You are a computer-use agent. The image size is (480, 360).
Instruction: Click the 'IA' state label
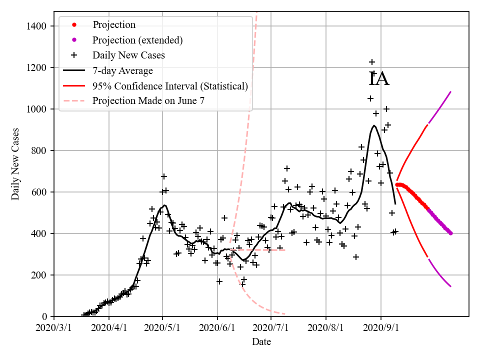[x=379, y=79]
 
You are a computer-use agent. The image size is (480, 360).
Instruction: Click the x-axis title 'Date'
[x=261, y=342]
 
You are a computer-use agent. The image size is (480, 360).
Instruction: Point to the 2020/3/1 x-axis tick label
[x=54, y=328]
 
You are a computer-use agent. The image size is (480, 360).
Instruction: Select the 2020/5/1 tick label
[x=162, y=328]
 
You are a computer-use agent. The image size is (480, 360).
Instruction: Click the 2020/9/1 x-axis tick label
[x=381, y=328]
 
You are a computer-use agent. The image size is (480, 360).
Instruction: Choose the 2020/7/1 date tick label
[x=271, y=328]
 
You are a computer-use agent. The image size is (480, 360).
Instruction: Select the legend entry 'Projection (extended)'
[x=137, y=40]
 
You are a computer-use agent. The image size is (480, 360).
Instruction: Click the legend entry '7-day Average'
[x=122, y=70]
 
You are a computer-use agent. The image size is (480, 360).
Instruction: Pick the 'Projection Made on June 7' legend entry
[x=148, y=101]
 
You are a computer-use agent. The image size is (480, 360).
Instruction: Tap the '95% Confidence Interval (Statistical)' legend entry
[x=170, y=86]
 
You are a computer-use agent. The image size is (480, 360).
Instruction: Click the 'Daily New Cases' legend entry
[x=128, y=55]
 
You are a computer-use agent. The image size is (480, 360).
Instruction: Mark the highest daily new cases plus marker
[x=372, y=62]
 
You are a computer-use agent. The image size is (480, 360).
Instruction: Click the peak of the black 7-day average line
[x=374, y=125]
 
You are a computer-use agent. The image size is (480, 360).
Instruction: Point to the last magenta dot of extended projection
[x=450, y=233]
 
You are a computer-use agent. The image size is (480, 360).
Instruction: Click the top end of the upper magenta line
[x=450, y=92]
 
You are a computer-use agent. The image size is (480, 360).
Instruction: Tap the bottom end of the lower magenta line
[x=450, y=286]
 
